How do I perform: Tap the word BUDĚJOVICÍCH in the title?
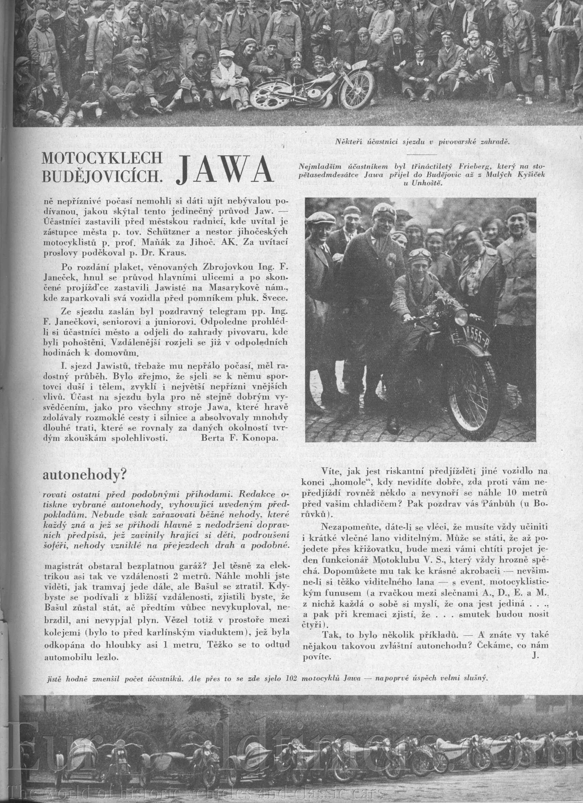click(102, 176)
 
